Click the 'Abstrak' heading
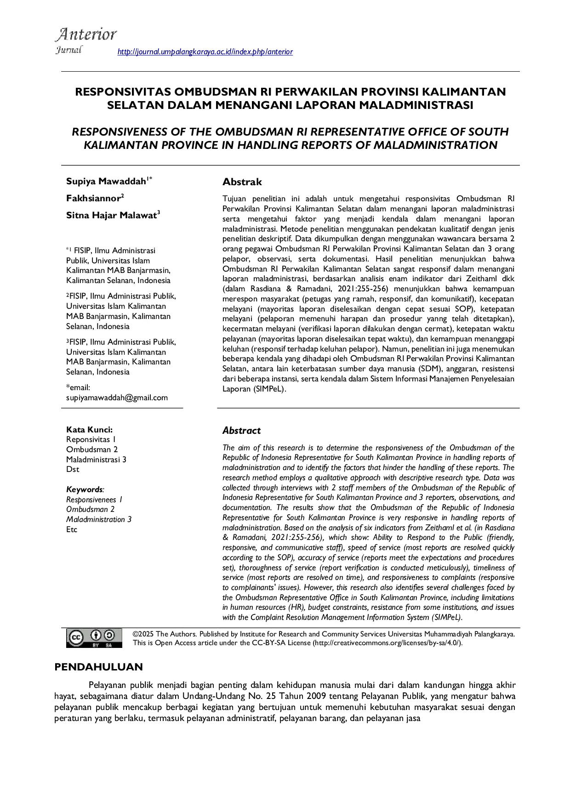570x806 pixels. click(x=242, y=182)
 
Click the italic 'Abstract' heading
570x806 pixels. click(x=241, y=431)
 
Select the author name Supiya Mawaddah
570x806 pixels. click(x=106, y=181)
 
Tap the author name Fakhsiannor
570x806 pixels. click(x=93, y=198)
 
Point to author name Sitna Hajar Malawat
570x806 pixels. click(x=111, y=215)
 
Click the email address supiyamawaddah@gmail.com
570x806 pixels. click(x=117, y=397)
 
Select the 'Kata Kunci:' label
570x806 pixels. click(x=89, y=430)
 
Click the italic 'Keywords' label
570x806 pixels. click(x=84, y=489)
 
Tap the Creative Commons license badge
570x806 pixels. click(x=95, y=638)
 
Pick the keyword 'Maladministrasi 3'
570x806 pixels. click(x=96, y=460)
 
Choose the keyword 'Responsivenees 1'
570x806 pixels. click(x=94, y=499)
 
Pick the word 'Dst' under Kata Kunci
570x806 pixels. click(x=73, y=469)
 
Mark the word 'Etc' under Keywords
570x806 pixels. click(x=72, y=529)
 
